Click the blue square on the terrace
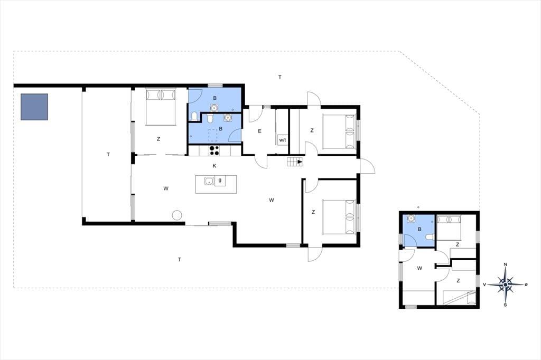click(34, 107)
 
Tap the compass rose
click(506, 285)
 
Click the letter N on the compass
click(506, 265)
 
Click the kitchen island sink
click(209, 181)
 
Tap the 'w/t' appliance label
click(283, 140)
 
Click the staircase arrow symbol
click(300, 162)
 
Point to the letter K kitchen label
click(214, 166)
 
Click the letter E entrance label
click(259, 131)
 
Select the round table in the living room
click(177, 215)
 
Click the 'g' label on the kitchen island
click(220, 179)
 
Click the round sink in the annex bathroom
click(411, 219)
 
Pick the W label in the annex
click(419, 268)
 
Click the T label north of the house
click(280, 77)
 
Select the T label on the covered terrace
click(108, 155)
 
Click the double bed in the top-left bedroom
click(161, 107)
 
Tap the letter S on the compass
click(506, 305)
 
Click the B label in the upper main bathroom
click(214, 98)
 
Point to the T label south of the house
click(180, 260)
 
